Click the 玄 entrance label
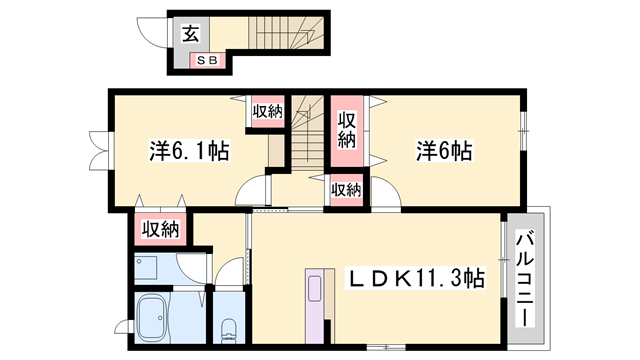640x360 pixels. tap(190, 33)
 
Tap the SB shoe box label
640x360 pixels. tap(207, 61)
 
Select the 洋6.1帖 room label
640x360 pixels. tap(189, 151)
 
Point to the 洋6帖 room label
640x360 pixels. tap(444, 151)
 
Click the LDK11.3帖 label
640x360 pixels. tap(416, 279)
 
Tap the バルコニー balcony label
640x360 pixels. tap(525, 279)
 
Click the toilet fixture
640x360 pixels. tap(229, 330)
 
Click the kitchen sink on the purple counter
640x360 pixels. tap(315, 289)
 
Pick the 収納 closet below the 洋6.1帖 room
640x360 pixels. tap(160, 230)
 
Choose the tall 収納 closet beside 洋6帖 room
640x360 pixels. tap(347, 131)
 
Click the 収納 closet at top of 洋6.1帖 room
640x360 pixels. tap(267, 111)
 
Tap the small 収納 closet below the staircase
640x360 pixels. tap(346, 190)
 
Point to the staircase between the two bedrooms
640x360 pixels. tap(307, 133)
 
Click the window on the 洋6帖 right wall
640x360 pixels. tap(524, 131)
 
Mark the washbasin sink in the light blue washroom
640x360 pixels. tap(146, 266)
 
